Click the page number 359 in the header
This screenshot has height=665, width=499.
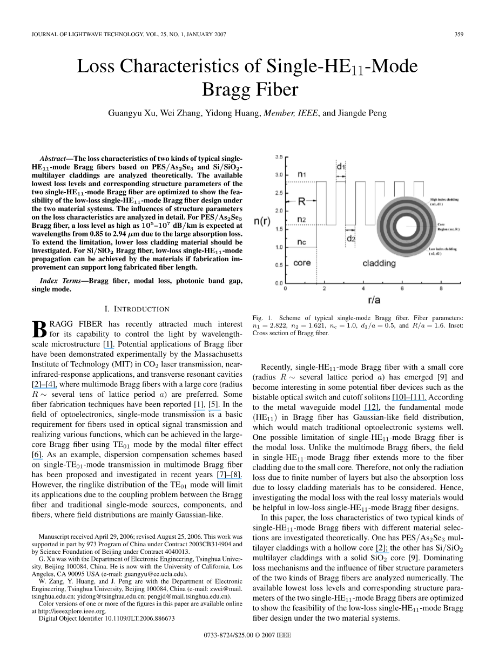click(x=459, y=35)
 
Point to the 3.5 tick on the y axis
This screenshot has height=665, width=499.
click(x=279, y=157)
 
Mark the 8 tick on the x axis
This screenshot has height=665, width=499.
click(x=441, y=289)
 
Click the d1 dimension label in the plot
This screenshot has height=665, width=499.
click(x=341, y=167)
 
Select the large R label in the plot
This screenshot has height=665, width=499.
click(x=302, y=201)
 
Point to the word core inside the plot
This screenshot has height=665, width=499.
click(x=302, y=263)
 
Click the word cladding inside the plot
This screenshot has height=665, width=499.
click(x=379, y=263)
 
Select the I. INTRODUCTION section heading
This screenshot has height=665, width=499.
click(x=137, y=309)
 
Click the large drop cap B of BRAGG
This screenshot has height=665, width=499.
click(x=40, y=329)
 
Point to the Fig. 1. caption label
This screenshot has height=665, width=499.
click(x=262, y=318)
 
